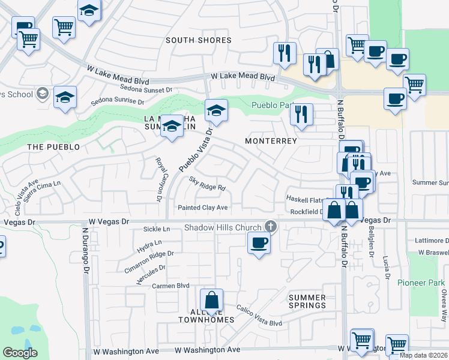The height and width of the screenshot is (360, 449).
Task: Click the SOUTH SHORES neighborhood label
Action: (x=198, y=40)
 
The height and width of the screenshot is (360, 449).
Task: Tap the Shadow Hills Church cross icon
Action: (x=271, y=227)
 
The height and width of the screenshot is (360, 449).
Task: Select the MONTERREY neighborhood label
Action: (x=271, y=141)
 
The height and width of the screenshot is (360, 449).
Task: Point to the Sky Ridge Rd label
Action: (x=207, y=183)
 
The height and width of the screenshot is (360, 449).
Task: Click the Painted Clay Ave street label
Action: (x=203, y=208)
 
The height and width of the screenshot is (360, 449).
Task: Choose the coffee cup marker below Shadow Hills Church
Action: (x=259, y=243)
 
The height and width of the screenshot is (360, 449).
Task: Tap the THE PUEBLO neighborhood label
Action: (x=53, y=147)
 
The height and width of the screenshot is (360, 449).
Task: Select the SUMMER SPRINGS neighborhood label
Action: (x=307, y=301)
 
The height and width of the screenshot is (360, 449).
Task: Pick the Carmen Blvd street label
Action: (x=170, y=286)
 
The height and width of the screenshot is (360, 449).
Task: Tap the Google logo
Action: (x=20, y=353)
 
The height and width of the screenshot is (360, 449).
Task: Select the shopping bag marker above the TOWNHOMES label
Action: (x=211, y=300)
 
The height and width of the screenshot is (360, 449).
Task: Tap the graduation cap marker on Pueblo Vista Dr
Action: (x=216, y=110)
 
